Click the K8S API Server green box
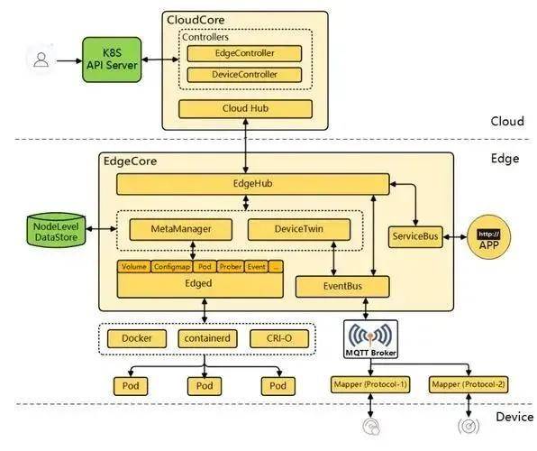pos(112,60)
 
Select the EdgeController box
pos(244,53)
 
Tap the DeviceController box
pos(244,75)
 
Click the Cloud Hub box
pos(245,109)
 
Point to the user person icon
pos(41,60)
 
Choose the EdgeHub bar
pos(253,184)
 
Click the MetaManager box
pos(181,229)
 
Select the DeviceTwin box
pos(299,229)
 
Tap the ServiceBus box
pos(415,236)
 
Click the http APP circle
pos(488,237)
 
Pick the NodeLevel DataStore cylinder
pos(56,230)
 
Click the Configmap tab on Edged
pos(172,267)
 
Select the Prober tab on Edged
pos(231,267)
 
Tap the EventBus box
pos(342,287)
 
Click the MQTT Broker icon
pos(370,339)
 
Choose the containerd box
pos(207,339)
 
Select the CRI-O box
pos(279,339)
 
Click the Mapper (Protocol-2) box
pos(469,385)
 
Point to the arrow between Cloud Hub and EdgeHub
pos(245,146)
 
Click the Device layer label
pos(514,418)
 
